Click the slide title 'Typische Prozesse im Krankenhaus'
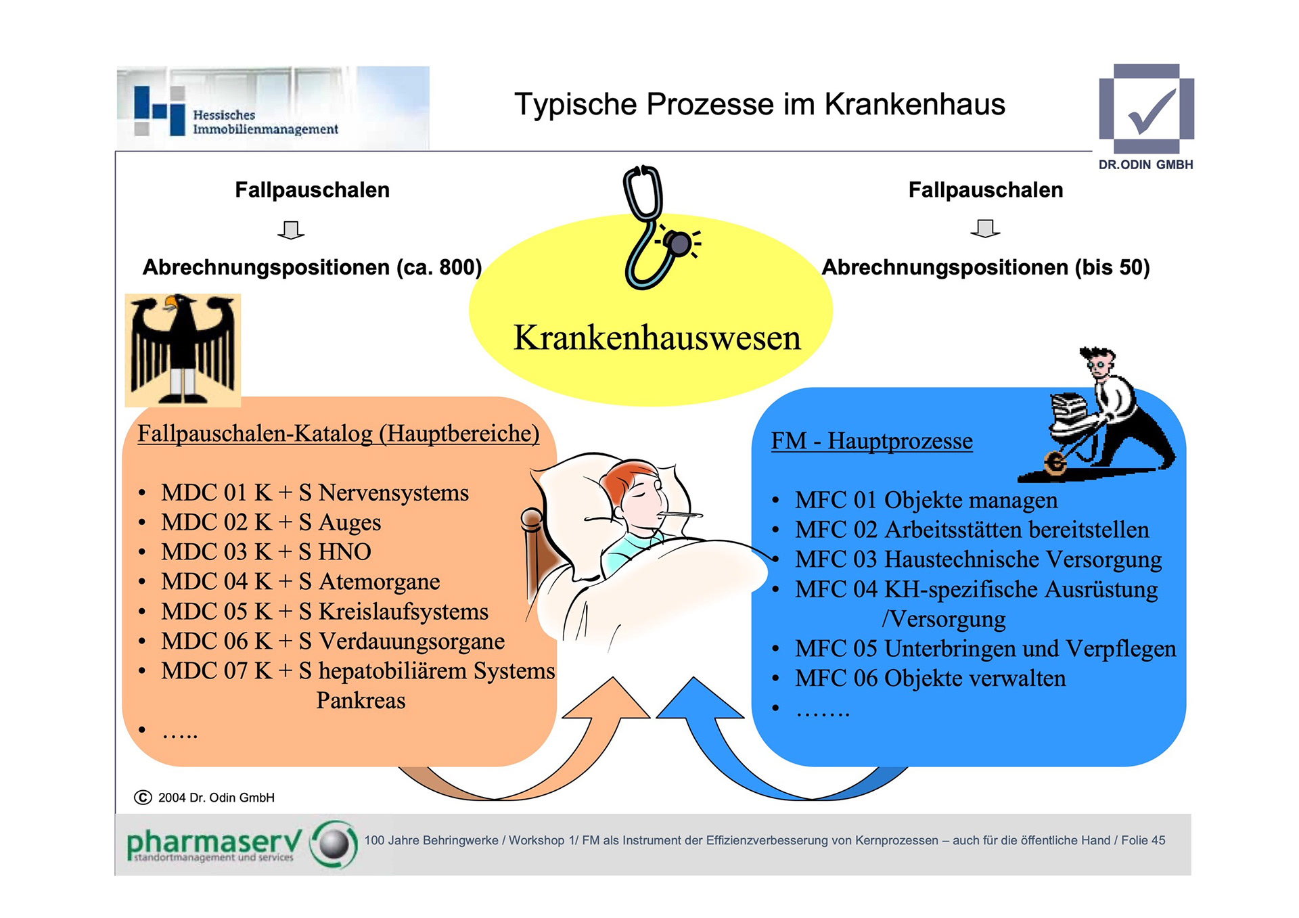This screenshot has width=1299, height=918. tap(759, 105)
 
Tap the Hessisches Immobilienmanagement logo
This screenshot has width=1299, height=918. tap(272, 108)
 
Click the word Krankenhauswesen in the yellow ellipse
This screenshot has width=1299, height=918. tap(656, 338)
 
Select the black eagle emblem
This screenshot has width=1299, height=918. tap(183, 350)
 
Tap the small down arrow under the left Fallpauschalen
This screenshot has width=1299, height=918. tap(291, 230)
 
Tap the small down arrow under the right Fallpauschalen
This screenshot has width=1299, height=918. tap(985, 229)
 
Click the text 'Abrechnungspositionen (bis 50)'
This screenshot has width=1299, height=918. tap(985, 267)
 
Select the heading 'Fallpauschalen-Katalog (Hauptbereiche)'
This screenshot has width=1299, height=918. tap(338, 434)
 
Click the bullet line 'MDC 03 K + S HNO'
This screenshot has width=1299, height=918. tap(266, 552)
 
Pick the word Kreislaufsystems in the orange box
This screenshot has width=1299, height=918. tap(403, 612)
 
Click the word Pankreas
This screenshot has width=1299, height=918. tap(361, 701)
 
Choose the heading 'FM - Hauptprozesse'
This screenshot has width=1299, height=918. tap(871, 441)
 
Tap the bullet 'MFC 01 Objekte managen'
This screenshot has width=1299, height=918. tap(926, 501)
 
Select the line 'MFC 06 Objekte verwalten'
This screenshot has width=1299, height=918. tap(930, 679)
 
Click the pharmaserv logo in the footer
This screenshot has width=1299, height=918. tap(240, 844)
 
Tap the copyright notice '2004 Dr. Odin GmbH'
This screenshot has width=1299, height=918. tap(215, 798)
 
